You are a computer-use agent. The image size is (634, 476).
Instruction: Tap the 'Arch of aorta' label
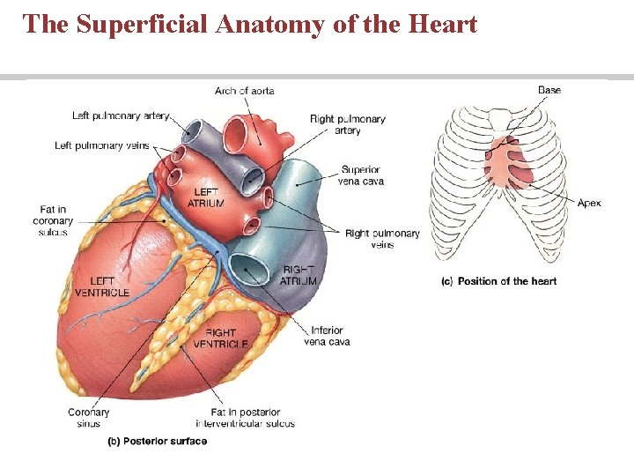(244, 91)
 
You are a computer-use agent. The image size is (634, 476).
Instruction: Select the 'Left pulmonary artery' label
(122, 115)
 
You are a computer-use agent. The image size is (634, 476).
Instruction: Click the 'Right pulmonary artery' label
(347, 124)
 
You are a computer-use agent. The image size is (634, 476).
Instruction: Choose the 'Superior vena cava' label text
(361, 175)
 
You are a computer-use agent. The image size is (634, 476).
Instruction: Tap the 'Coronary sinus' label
(89, 417)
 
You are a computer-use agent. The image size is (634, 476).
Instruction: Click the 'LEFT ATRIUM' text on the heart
(206, 197)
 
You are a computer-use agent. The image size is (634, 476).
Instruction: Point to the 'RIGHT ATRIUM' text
(298, 275)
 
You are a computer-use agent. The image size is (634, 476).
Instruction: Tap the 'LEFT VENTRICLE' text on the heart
(102, 286)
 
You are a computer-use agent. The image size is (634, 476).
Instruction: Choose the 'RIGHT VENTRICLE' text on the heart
(220, 338)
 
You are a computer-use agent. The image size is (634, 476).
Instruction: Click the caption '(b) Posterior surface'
(158, 441)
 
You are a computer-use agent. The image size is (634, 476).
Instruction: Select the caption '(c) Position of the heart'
(498, 281)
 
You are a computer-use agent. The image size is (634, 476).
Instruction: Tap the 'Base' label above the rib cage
(549, 90)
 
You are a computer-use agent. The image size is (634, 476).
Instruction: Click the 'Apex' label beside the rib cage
(589, 203)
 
